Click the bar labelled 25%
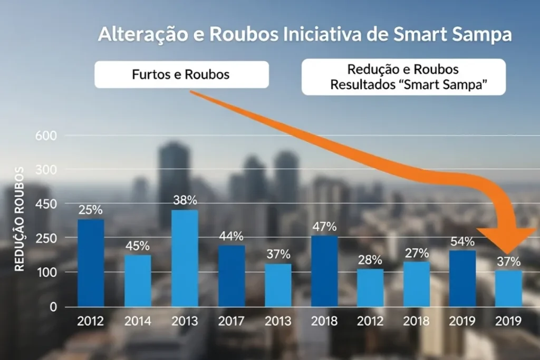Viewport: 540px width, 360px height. [91, 262]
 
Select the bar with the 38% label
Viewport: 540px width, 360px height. [185, 258]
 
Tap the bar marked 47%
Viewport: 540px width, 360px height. [324, 271]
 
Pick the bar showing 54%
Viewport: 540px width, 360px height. [462, 278]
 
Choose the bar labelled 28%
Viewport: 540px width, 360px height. [370, 288]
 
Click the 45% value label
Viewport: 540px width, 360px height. [138, 246]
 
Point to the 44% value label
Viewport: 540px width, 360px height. [232, 236]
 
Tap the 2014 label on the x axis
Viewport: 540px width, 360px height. [138, 322]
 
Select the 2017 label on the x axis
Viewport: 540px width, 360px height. [232, 322]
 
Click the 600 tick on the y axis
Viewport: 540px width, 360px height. [45, 135]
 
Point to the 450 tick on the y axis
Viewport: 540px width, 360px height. [45, 204]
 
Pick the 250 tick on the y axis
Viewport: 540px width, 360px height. [45, 238]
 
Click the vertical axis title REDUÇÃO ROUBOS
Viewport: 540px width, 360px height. [20, 219]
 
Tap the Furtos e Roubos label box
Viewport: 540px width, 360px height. [181, 74]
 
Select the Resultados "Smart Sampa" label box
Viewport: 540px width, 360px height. [403, 77]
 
